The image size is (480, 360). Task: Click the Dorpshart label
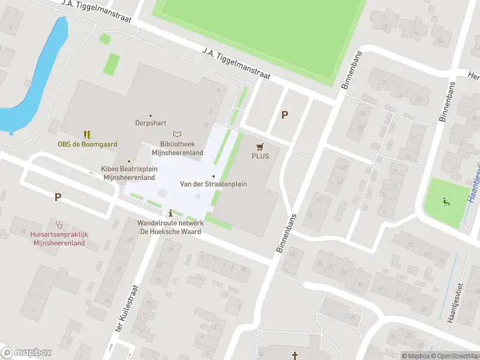150,123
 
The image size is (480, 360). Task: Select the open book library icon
177,134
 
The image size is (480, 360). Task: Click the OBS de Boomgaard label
88,144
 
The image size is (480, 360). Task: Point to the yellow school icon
88,134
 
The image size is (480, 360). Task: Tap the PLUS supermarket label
260,156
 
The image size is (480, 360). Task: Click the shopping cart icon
260,146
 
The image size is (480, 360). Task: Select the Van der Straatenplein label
214,184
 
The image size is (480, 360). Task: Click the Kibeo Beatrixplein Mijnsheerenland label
129,173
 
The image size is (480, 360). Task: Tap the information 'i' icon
171,213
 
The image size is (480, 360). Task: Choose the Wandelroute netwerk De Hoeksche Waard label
171,227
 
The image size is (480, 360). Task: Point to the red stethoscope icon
59,224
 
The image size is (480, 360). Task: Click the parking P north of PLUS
285,115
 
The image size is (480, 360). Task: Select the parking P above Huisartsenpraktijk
58,196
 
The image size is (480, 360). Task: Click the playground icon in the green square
445,202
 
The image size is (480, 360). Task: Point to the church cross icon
295,356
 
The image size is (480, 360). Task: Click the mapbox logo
26,353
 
